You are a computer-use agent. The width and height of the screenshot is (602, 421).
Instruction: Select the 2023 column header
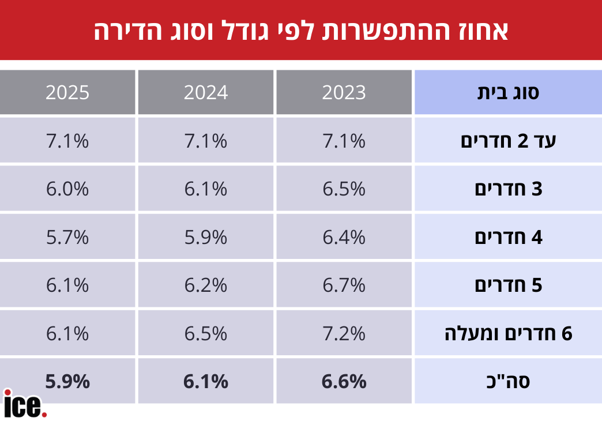(x=344, y=93)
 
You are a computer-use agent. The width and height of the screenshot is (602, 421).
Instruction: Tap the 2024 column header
(x=206, y=93)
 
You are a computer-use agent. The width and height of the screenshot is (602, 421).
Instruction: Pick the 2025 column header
(x=67, y=93)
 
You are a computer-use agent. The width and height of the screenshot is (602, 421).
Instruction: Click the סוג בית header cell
(x=508, y=93)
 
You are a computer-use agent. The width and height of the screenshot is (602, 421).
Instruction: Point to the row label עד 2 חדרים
(x=508, y=141)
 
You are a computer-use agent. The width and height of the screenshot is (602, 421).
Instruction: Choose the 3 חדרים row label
(x=508, y=189)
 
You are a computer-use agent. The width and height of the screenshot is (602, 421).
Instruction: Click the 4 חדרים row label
(x=508, y=237)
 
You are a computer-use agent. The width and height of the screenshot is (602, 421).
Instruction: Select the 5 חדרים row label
(x=508, y=285)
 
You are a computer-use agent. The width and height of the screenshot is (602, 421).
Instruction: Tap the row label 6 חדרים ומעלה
(x=508, y=333)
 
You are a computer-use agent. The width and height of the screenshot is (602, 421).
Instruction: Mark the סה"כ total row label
(x=508, y=381)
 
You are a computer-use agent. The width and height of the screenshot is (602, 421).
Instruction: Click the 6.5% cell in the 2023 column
(x=344, y=189)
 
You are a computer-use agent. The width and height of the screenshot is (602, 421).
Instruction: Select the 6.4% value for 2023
(x=344, y=237)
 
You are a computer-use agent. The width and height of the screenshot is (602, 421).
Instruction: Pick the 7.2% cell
(x=344, y=333)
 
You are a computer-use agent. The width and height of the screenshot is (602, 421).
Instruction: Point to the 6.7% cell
(x=344, y=285)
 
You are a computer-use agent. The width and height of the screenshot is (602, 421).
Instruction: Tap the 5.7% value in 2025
(x=67, y=237)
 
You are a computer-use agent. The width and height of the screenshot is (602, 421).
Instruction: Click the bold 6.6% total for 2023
(x=344, y=381)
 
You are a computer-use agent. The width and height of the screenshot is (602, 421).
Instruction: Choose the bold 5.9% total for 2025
(x=67, y=381)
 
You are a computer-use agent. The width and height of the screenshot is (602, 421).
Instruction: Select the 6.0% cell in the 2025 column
(x=67, y=189)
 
